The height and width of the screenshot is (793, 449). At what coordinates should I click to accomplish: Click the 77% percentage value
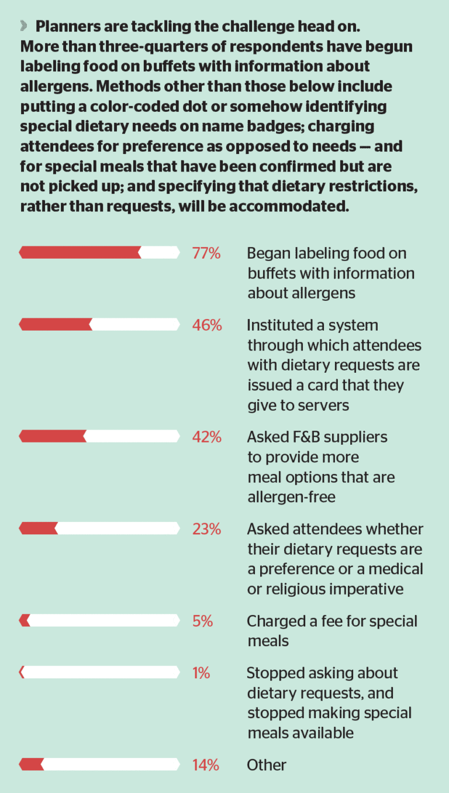click(206, 253)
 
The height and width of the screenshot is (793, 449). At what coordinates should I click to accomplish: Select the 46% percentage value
click(207, 325)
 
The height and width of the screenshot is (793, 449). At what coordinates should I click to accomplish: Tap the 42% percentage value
click(207, 437)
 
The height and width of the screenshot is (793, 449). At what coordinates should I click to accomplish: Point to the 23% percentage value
click(206, 529)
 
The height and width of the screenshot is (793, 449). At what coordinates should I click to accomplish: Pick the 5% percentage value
click(202, 621)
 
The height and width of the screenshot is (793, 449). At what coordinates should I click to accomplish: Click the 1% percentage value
click(201, 673)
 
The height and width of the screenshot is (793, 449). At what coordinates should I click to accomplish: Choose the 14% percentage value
click(206, 765)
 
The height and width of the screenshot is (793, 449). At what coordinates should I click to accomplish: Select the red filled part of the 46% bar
click(56, 325)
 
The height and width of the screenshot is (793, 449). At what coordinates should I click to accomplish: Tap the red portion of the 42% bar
click(53, 437)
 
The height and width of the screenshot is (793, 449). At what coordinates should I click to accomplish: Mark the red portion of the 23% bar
click(39, 528)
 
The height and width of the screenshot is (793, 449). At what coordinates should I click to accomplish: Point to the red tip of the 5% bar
click(25, 620)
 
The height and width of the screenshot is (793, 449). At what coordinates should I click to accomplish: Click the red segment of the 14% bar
click(32, 764)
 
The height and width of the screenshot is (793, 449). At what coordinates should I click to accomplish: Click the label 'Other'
click(267, 765)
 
